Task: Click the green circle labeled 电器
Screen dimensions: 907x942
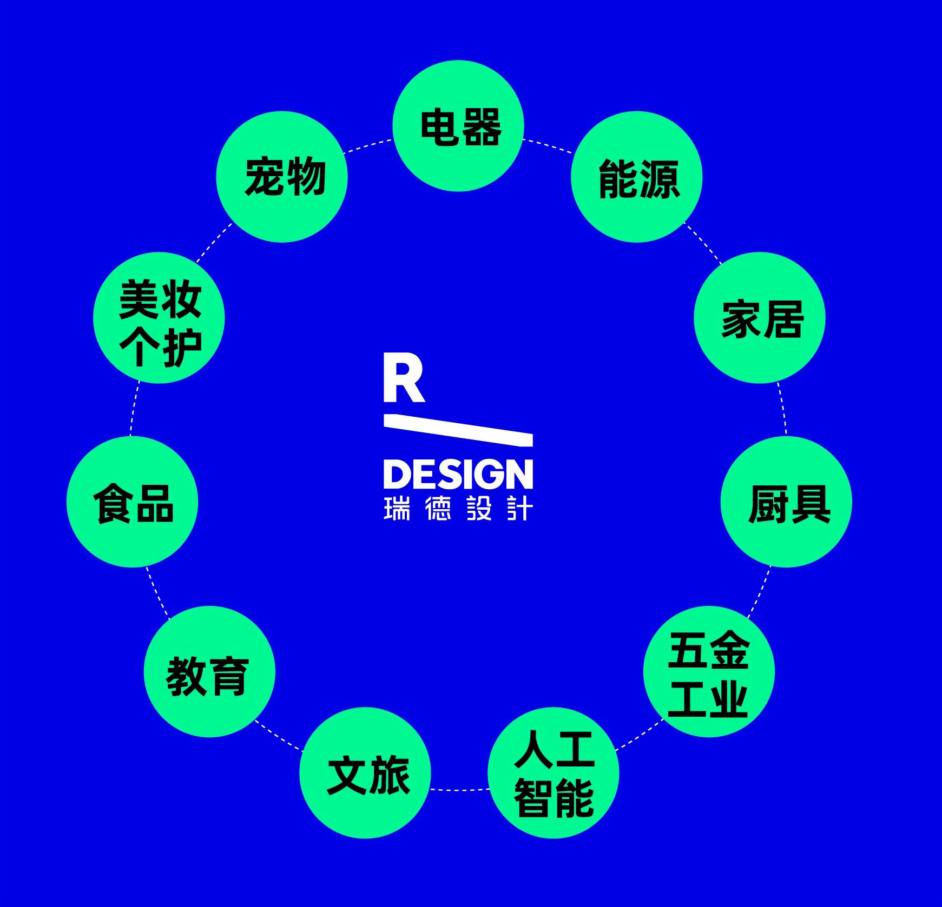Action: click(458, 126)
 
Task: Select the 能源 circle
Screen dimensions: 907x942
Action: click(637, 177)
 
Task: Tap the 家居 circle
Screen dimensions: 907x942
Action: click(760, 318)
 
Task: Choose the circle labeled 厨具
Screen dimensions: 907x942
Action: click(786, 502)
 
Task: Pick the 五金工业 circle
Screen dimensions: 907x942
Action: click(709, 671)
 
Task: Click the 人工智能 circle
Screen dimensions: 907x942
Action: click(554, 772)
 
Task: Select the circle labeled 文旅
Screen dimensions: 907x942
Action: click(365, 772)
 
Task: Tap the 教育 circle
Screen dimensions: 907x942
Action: click(210, 671)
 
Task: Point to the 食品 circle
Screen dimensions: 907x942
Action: click(133, 502)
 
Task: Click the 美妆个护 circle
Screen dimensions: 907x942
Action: click(159, 318)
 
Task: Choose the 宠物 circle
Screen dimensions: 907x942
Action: click(282, 177)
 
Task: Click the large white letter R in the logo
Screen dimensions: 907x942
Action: click(403, 378)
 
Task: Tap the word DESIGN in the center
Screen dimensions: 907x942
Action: click(458, 475)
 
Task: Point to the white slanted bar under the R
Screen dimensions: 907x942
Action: click(458, 430)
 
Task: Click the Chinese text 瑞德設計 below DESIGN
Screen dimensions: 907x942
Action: click(458, 509)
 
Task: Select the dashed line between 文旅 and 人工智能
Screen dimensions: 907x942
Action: click(459, 790)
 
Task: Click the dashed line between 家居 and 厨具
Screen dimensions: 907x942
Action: click(783, 409)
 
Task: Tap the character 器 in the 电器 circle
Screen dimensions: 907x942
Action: click(482, 127)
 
